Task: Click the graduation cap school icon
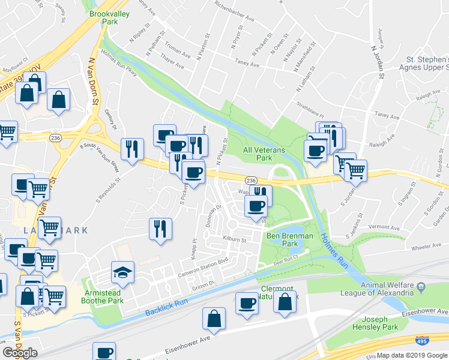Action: (x=122, y=273)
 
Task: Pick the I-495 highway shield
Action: (x=421, y=341)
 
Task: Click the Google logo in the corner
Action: (x=20, y=353)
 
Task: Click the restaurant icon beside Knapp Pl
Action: (x=160, y=229)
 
